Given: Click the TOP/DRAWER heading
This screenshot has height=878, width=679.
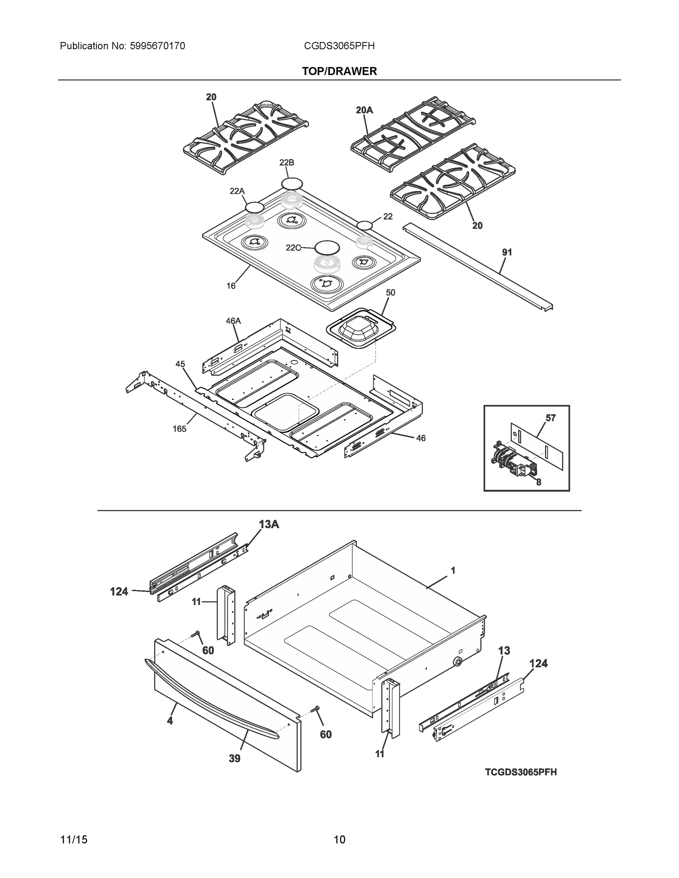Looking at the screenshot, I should pos(340,71).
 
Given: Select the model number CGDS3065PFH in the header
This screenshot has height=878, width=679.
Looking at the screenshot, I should pos(339,46).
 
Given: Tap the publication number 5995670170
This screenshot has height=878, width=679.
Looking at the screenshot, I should pos(157,46).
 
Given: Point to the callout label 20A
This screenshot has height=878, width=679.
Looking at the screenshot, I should pos(364,110).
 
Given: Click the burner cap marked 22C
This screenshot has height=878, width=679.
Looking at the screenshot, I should pos(327,247).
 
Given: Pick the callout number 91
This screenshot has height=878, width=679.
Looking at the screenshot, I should pos(507,252).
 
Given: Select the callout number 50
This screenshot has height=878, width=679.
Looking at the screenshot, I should pos(390,293).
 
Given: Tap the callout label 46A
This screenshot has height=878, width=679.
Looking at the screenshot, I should pos(233,321).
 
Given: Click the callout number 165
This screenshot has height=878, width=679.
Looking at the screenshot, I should pos(179,429).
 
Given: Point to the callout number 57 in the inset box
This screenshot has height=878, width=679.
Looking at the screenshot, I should pos(550,418).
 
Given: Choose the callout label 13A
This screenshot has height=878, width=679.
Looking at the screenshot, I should pos(269,524).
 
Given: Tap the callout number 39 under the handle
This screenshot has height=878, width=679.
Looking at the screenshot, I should pos(235,759).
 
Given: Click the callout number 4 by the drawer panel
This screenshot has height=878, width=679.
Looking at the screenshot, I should pos(170,721).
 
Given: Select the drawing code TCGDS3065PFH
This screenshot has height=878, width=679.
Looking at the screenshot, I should pos(521,772).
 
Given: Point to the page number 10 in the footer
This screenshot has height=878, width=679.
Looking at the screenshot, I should pos(340,840).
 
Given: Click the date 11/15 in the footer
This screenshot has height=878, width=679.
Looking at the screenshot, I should pos(74,840).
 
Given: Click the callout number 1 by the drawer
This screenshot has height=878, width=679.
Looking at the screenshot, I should pos(453,570).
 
